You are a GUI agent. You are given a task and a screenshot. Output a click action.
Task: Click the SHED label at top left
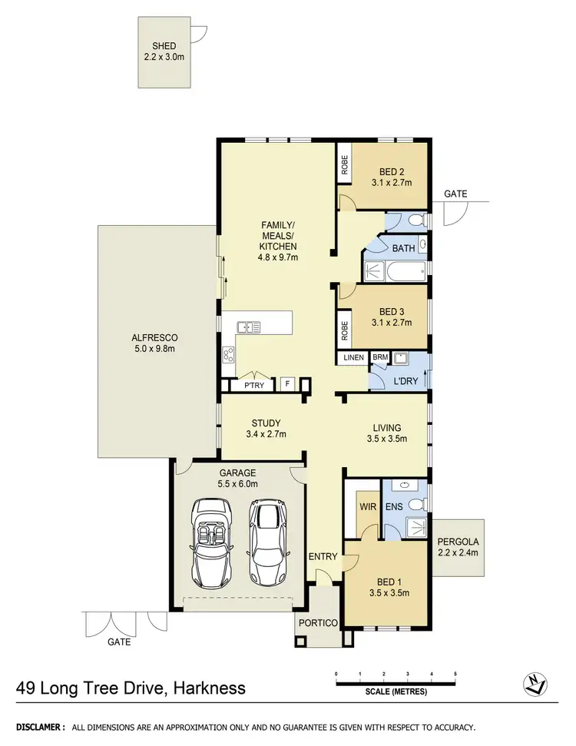164,46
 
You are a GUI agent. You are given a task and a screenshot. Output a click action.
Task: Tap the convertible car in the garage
210,542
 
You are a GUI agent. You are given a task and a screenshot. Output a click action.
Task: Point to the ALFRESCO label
155,338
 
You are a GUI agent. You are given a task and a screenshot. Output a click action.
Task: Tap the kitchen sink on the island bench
248,327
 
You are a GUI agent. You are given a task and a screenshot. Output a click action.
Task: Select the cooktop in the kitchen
228,354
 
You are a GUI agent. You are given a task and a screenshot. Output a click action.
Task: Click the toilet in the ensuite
415,505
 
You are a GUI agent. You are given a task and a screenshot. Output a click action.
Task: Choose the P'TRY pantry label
253,386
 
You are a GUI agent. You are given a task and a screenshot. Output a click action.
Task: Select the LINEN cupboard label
353,358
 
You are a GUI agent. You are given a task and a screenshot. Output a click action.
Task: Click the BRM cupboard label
380,358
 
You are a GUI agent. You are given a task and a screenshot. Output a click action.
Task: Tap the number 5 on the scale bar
455,674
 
